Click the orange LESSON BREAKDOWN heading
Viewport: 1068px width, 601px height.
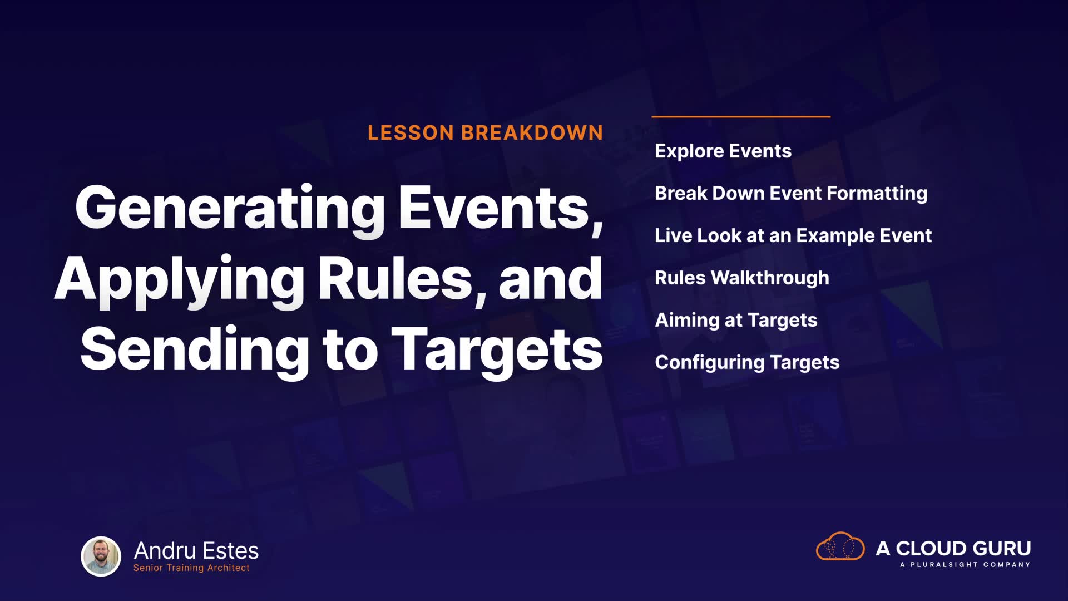(x=485, y=133)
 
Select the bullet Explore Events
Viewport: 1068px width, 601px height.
(x=723, y=151)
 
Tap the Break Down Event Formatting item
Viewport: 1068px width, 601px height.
(x=791, y=194)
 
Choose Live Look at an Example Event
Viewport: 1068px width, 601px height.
(x=793, y=236)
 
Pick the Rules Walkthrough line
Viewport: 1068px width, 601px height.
(x=742, y=278)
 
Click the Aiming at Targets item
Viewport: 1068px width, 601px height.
(x=736, y=321)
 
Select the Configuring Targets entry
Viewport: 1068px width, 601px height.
(x=747, y=363)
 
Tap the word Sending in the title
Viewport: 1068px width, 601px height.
(x=195, y=349)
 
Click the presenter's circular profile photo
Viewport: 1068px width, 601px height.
(x=101, y=556)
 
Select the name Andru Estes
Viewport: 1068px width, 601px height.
(x=196, y=551)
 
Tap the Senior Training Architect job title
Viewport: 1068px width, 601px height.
(x=191, y=568)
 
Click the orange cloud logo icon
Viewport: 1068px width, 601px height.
(x=840, y=546)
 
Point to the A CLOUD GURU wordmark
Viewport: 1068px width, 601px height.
(x=953, y=549)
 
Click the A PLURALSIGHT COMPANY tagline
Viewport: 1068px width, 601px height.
(x=965, y=565)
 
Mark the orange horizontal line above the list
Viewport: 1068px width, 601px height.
(x=741, y=117)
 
